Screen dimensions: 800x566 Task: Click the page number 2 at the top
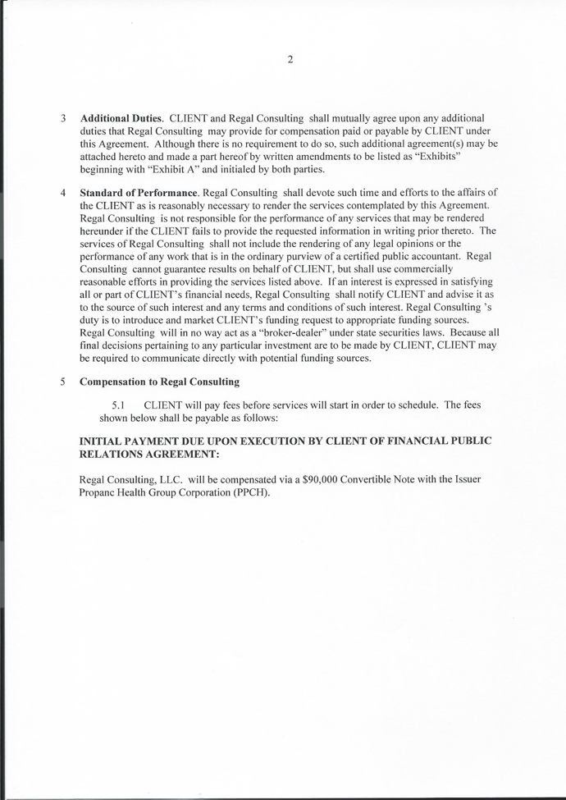pyautogui.click(x=290, y=59)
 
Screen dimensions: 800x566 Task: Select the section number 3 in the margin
pyautogui.click(x=63, y=117)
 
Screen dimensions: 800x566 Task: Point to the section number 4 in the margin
pyautogui.click(x=63, y=192)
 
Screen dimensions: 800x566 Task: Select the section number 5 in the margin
pyautogui.click(x=63, y=382)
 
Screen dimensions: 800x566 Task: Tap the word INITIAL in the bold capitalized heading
pyautogui.click(x=102, y=441)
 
